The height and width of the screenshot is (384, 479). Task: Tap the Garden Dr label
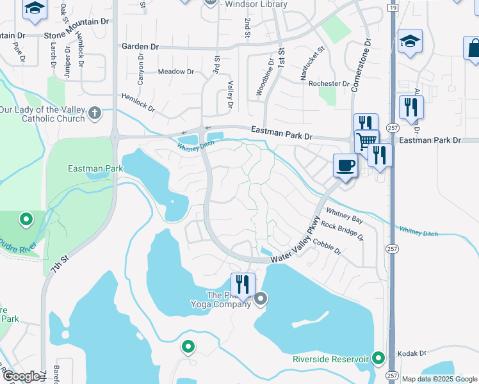(x=140, y=47)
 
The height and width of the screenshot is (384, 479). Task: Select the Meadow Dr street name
(x=175, y=72)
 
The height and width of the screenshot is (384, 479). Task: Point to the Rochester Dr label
(x=329, y=84)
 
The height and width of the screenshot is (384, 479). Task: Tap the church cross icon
(x=95, y=113)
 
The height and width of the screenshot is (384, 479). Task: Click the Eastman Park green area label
(x=95, y=169)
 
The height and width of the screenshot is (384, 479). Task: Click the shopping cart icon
(x=366, y=141)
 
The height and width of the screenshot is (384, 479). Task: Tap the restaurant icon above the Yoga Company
(x=243, y=284)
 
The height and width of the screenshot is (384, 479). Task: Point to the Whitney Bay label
(x=345, y=216)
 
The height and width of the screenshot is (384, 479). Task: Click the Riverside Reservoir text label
(x=330, y=358)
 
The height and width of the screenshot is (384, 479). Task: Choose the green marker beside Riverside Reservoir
(x=379, y=357)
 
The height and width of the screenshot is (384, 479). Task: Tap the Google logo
(x=21, y=376)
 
